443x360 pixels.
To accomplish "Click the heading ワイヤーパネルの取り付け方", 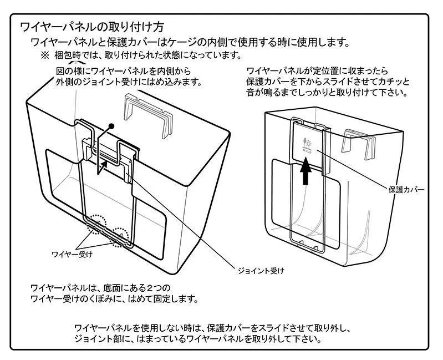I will [91, 27].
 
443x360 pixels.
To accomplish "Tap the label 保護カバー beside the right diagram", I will [406, 190].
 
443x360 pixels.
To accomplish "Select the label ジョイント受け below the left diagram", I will [261, 271].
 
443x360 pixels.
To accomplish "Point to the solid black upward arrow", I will [303, 172].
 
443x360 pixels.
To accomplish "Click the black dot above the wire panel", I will [111, 126].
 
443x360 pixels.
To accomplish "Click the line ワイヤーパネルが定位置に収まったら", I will [317, 71].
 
